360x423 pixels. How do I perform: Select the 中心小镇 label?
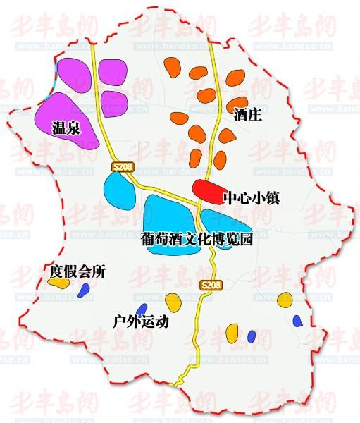click(251, 198)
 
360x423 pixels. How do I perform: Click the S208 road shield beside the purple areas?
click(122, 166)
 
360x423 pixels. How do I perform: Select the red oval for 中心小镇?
click(209, 188)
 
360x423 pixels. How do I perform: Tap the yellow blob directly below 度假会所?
click(58, 282)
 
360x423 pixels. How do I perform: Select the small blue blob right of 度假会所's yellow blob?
click(85, 290)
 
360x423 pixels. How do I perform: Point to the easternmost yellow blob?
click(285, 299)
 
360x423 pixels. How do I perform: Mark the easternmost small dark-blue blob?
click(298, 321)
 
